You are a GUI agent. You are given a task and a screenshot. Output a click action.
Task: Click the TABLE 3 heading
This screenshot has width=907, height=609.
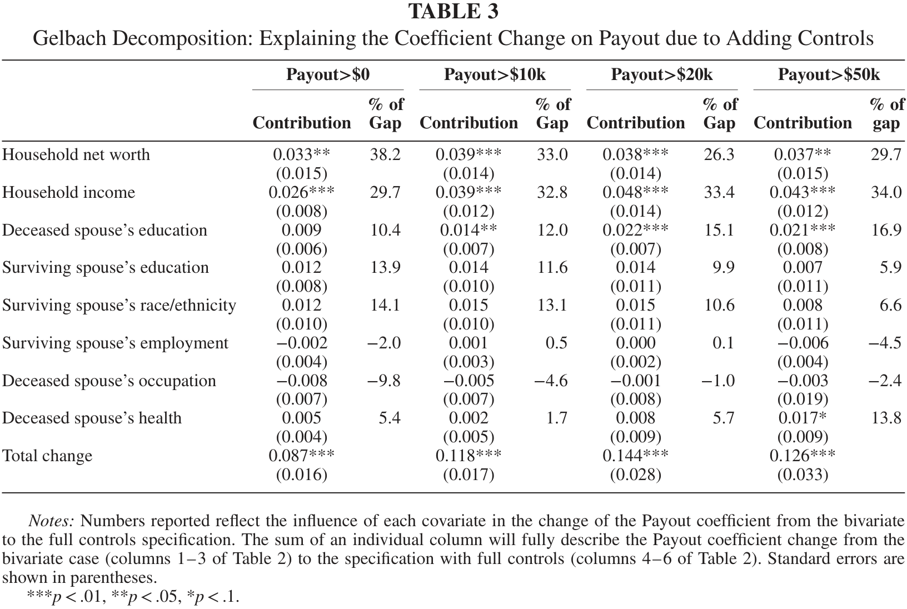point(453,11)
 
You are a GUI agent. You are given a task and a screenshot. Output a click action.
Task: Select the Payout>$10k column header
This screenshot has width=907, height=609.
point(495,75)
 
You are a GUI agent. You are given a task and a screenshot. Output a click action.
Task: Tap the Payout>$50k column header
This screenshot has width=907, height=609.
point(829,75)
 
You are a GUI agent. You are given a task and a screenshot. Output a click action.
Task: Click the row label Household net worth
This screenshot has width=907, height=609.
point(76,154)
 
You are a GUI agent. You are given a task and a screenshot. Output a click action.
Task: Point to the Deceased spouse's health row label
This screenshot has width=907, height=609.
point(92,418)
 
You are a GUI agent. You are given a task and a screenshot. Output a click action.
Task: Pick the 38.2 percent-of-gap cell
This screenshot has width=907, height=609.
point(385,154)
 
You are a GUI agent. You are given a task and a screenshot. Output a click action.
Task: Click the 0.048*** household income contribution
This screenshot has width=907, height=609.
point(635,192)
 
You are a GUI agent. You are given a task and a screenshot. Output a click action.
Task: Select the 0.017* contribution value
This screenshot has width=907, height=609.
point(803,418)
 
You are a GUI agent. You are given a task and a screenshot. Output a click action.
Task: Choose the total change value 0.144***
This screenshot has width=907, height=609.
point(635,456)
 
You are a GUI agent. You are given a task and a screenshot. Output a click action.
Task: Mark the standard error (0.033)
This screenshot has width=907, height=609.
point(803,475)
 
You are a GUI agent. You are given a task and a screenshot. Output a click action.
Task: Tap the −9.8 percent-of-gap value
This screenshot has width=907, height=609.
point(383,381)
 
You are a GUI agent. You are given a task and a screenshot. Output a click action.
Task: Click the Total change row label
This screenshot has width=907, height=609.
point(47,456)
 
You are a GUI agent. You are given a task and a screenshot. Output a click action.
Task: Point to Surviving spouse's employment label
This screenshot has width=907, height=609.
point(116,343)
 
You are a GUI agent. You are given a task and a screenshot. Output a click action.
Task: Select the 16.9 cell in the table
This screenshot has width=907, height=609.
point(886,230)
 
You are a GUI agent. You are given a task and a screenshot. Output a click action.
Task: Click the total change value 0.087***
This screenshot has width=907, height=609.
point(302,456)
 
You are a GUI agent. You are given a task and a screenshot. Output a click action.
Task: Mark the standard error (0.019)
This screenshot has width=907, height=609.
point(803,400)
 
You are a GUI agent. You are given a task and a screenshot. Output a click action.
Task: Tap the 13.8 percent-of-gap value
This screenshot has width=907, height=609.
point(886,418)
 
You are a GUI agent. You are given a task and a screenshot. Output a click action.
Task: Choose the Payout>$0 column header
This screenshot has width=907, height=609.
point(327,75)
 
